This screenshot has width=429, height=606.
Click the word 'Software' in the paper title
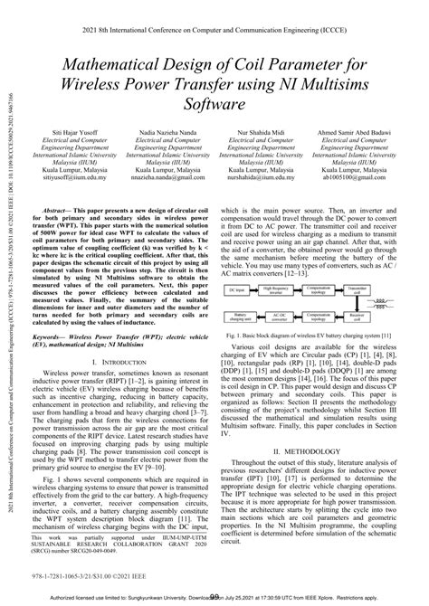click(x=214, y=105)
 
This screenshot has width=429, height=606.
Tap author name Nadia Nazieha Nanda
click(x=166, y=132)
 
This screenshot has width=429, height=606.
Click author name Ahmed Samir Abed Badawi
click(x=357, y=132)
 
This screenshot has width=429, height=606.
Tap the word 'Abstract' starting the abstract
click(x=61, y=208)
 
